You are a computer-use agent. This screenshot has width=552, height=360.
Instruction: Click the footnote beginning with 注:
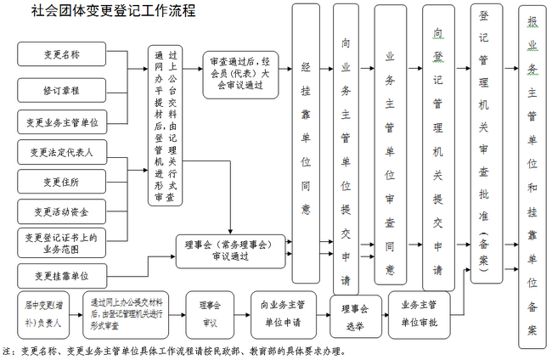click(174, 350)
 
